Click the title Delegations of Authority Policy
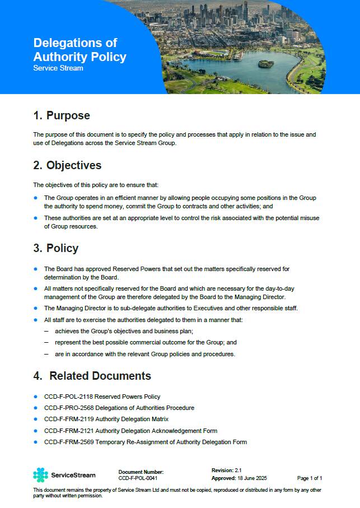tap(80, 50)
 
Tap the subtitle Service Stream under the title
tap(58, 68)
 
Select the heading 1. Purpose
tap(62, 116)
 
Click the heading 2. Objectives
tap(67, 165)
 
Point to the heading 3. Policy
tap(55, 248)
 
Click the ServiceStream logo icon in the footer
tap(40, 475)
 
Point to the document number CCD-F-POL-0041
tap(138, 479)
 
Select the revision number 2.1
tap(238, 470)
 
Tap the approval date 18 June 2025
tap(253, 478)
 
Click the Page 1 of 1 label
tap(309, 478)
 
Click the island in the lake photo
tap(266, 63)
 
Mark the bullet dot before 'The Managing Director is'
tap(36, 308)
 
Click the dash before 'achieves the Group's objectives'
tap(46, 331)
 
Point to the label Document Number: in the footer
tap(141, 472)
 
